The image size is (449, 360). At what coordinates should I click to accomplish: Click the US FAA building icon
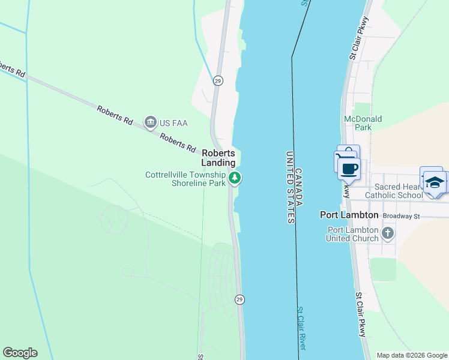(x=151, y=122)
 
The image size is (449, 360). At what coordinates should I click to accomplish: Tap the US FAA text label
(x=173, y=123)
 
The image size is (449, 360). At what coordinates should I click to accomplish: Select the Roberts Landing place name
(x=218, y=158)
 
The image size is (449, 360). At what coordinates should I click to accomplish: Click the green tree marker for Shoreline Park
(x=235, y=178)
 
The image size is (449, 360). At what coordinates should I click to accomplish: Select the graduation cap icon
(x=435, y=182)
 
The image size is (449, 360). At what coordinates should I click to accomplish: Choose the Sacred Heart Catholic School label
(x=394, y=191)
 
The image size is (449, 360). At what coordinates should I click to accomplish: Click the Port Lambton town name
(x=349, y=215)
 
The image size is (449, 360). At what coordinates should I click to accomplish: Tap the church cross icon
(x=388, y=232)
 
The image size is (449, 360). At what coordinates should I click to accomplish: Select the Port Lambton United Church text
(x=352, y=234)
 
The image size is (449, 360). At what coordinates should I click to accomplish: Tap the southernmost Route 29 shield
(x=239, y=299)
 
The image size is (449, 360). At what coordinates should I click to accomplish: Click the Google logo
(x=20, y=353)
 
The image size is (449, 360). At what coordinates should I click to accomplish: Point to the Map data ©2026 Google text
(x=411, y=355)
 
